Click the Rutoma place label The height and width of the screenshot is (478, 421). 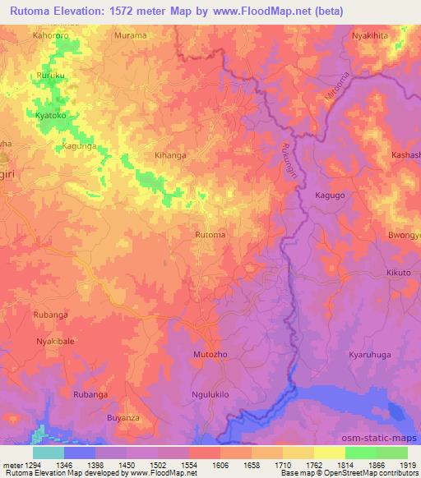pyautogui.click(x=210, y=235)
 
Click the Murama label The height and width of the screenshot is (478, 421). pyautogui.click(x=131, y=36)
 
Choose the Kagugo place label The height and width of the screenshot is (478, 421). pyautogui.click(x=329, y=195)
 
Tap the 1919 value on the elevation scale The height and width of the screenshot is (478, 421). pyautogui.click(x=406, y=466)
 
